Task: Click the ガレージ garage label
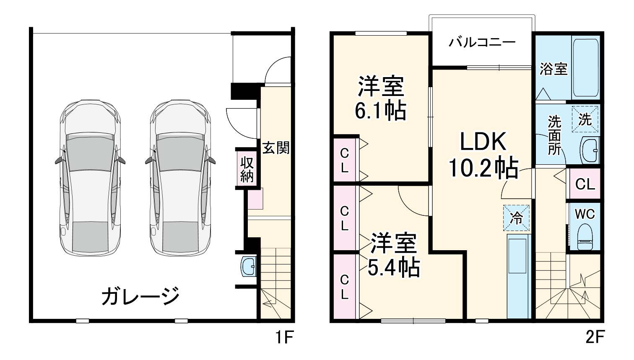(140, 296)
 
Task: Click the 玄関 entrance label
(275, 148)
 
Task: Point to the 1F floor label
(284, 337)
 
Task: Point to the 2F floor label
(595, 337)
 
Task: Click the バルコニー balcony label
(482, 43)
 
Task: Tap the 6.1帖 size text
(380, 111)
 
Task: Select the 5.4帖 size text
(393, 267)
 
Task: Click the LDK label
(483, 142)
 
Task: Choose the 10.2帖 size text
(483, 168)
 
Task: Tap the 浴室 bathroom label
(553, 69)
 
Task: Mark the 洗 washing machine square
(585, 119)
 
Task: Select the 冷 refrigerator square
(516, 218)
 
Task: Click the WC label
(585, 214)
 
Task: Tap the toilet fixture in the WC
(585, 237)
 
